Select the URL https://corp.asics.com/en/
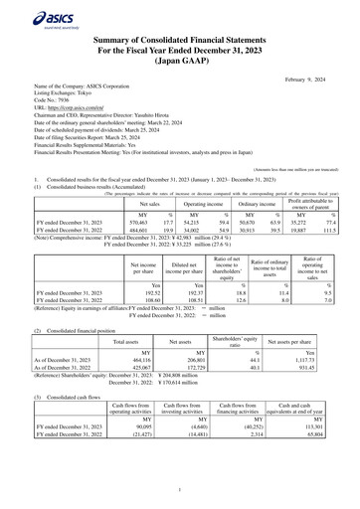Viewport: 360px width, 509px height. coord(72,110)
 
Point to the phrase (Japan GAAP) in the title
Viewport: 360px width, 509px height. coord(180,62)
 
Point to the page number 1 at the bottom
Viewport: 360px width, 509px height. coord(180,490)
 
